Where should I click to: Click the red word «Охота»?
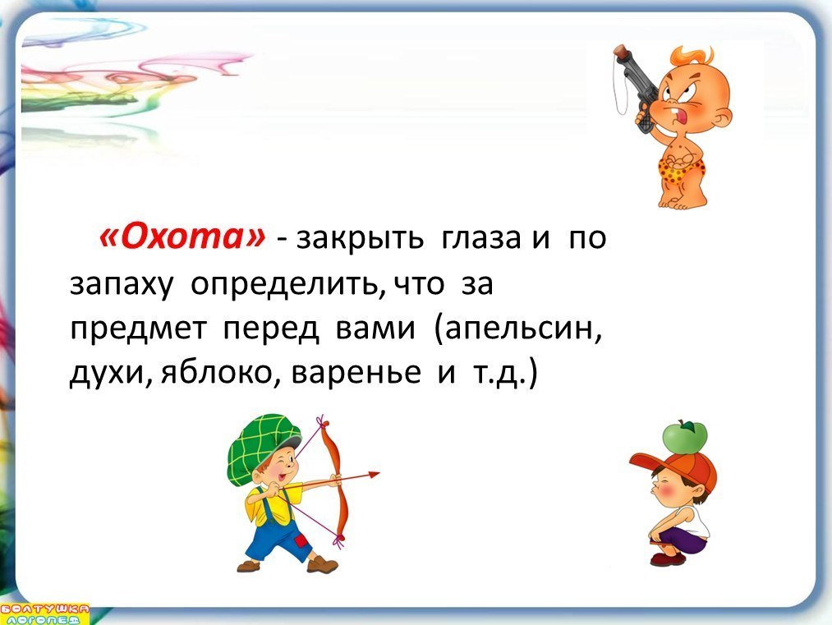182,237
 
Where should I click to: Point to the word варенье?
356,373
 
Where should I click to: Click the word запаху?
122,285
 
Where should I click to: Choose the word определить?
288,285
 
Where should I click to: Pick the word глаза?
480,238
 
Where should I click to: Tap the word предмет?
137,329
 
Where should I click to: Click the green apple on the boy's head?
684,437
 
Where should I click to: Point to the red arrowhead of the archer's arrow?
374,475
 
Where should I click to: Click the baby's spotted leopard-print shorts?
682,169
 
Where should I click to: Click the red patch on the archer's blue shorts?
301,542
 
